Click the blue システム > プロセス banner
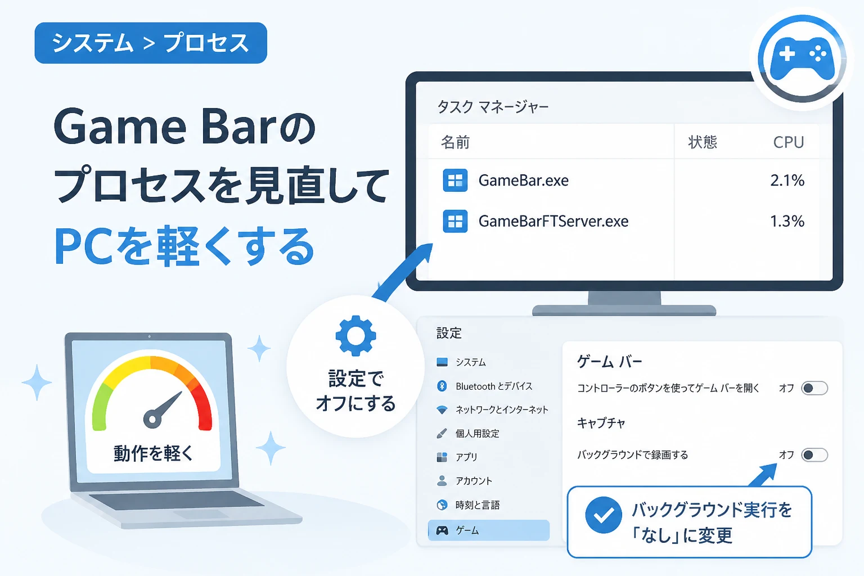click(151, 43)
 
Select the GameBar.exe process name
click(524, 180)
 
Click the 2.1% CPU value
click(787, 180)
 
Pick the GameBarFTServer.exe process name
click(553, 221)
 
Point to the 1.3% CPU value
click(787, 221)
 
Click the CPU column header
click(789, 142)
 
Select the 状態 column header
click(703, 142)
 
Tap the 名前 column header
click(455, 142)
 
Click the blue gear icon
click(355, 336)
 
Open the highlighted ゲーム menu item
click(489, 530)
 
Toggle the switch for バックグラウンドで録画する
click(814, 455)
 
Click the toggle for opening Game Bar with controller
click(814, 388)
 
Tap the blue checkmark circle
click(603, 515)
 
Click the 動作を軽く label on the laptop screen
click(153, 454)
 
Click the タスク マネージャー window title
click(493, 106)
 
